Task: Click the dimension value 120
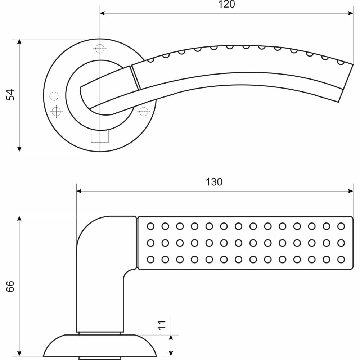[x=226, y=4]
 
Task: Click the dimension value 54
[x=10, y=95]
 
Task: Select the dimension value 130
[x=214, y=182]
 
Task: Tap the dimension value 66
[x=10, y=286]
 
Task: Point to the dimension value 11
[x=162, y=325]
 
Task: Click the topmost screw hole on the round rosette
[x=100, y=49]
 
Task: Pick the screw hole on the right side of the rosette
[x=144, y=112]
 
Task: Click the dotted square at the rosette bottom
[x=100, y=136]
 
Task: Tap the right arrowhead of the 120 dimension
[x=351, y=13]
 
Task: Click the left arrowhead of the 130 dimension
[x=79, y=191]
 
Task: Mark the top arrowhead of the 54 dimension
[x=19, y=41]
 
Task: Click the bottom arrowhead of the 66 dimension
[x=19, y=353]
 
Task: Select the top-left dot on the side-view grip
[x=150, y=226]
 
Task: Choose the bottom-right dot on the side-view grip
[x=341, y=260]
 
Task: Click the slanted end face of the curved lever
[x=346, y=83]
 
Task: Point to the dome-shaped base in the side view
[x=100, y=346]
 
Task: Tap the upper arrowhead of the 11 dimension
[x=171, y=338]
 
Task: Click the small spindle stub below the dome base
[x=100, y=358]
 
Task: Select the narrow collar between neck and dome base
[x=100, y=333]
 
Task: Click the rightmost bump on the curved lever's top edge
[x=341, y=62]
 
